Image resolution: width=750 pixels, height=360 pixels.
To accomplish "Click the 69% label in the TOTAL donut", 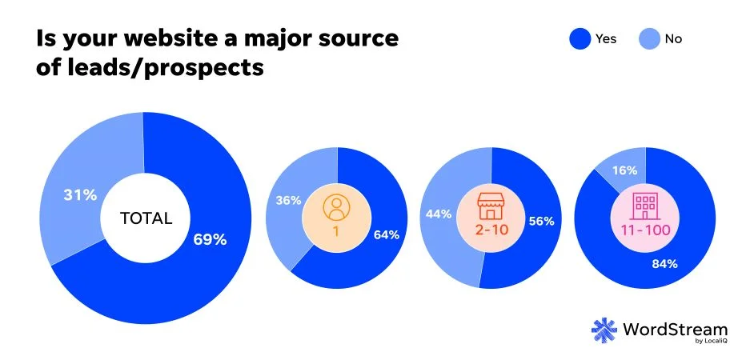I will (x=211, y=239).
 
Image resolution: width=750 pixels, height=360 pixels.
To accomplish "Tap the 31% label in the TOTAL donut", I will (x=81, y=194).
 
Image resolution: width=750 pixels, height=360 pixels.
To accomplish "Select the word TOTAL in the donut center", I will (x=146, y=218).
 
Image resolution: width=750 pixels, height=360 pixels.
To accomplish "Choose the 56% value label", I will (x=542, y=221).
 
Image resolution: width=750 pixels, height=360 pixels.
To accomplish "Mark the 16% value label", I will (x=625, y=170).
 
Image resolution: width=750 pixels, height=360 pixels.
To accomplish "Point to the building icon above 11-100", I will (x=644, y=207).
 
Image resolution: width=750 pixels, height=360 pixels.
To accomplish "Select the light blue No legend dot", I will (x=651, y=38).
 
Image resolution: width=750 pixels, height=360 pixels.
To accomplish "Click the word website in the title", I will (x=170, y=38).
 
